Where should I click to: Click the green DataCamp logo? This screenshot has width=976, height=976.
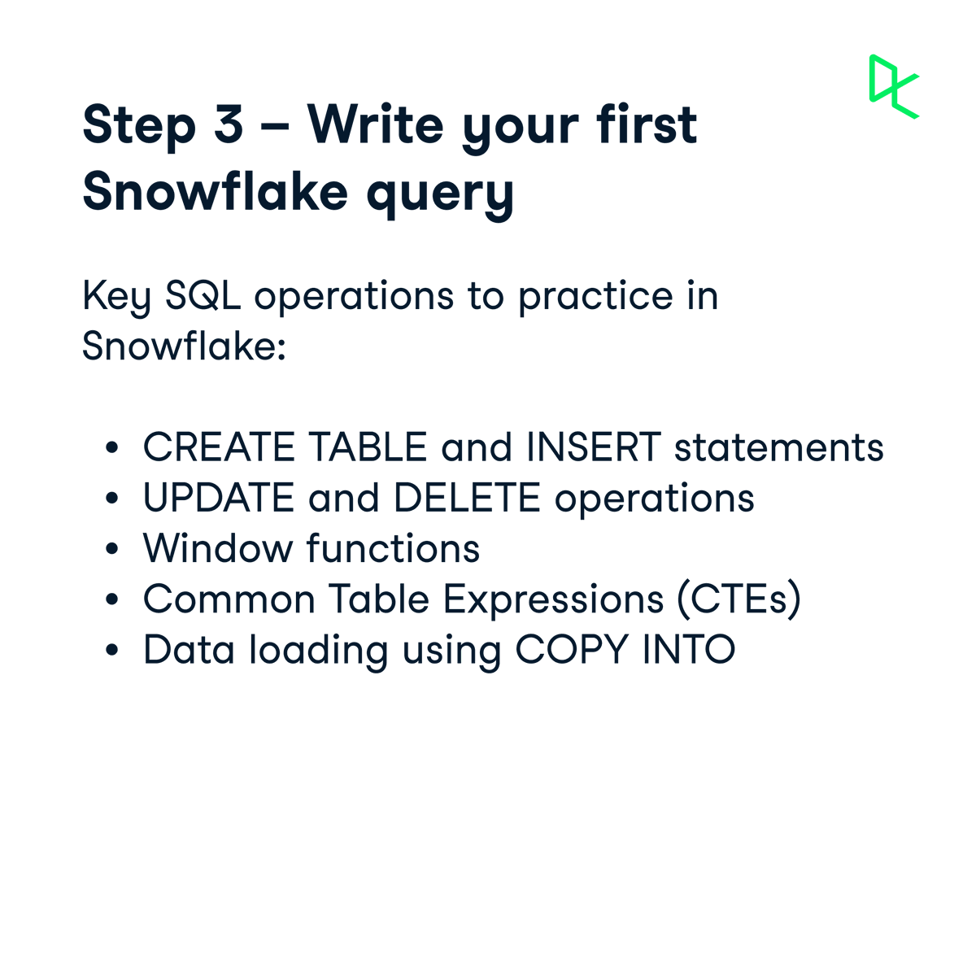pos(893,86)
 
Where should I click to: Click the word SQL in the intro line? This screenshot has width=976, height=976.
pos(203,296)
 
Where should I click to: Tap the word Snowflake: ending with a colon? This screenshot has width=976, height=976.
pos(185,346)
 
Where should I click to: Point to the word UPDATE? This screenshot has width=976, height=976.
pos(219,499)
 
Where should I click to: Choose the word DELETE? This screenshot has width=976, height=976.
pos(467,499)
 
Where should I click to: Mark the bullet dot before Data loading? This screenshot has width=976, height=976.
pos(113,651)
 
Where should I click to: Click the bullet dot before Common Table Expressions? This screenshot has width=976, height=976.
pos(113,600)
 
